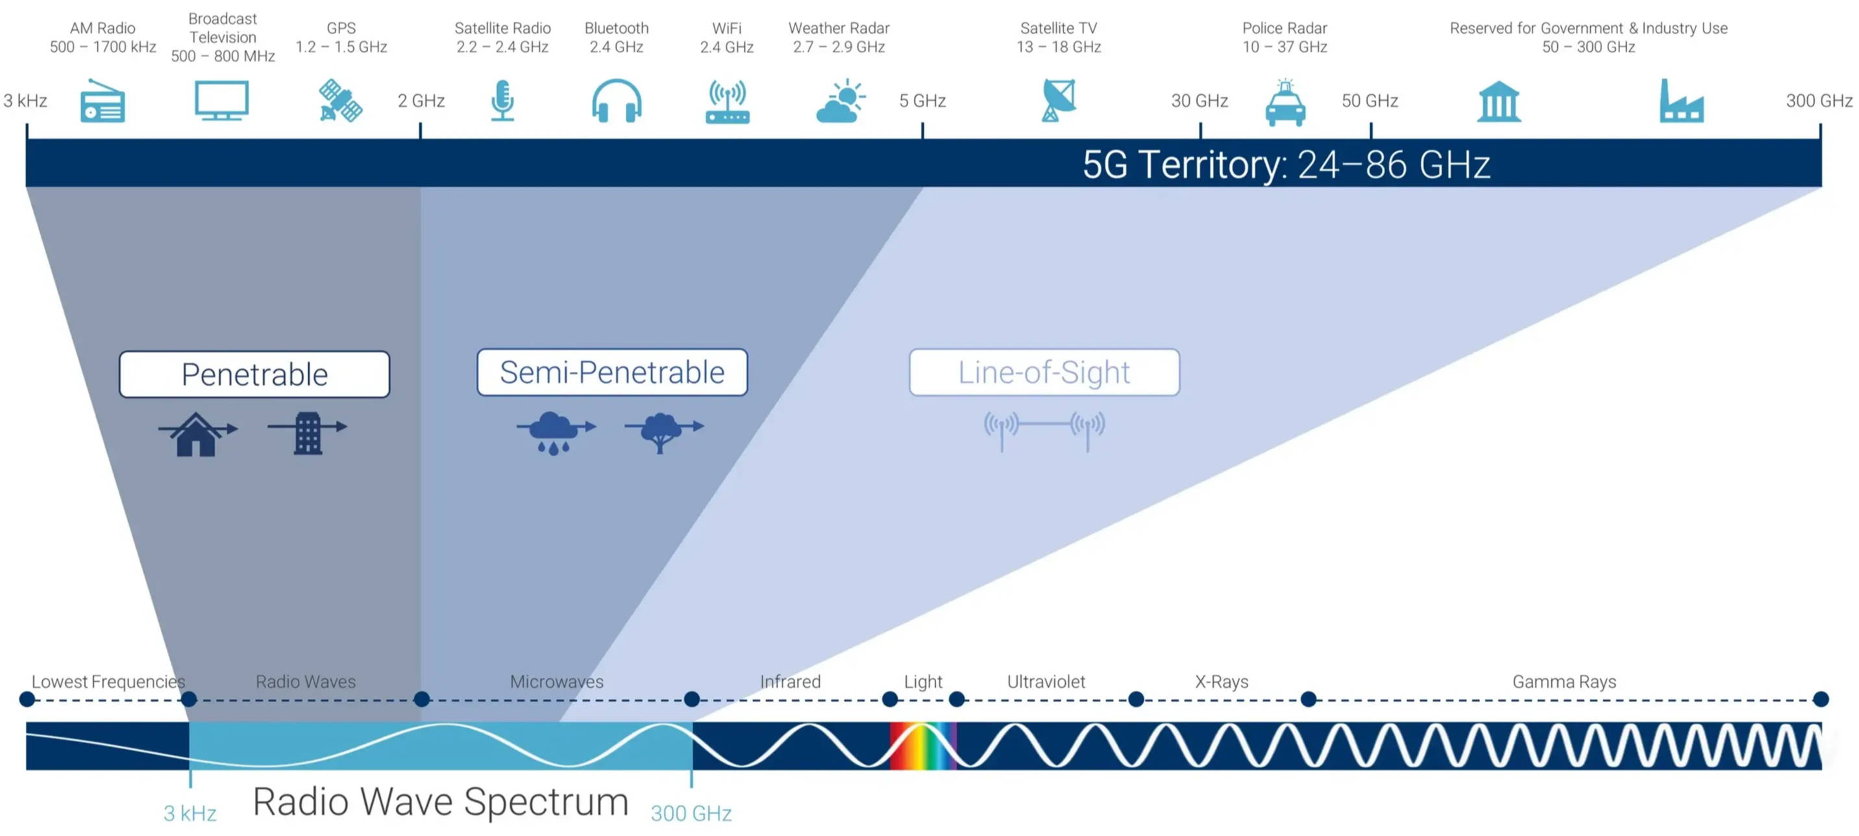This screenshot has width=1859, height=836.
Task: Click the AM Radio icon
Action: [x=103, y=101]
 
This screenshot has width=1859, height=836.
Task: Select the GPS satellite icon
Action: [x=341, y=101]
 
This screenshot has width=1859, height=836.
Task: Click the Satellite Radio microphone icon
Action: [x=502, y=101]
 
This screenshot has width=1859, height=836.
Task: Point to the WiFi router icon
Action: [x=727, y=102]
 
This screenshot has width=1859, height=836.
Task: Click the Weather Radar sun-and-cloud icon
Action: [x=840, y=101]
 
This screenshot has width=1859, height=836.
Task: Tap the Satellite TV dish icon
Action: [x=1059, y=101]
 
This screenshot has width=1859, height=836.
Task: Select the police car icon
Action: [x=1285, y=103]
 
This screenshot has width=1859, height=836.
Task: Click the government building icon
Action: [x=1499, y=102]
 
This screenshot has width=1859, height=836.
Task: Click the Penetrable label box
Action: [x=254, y=374]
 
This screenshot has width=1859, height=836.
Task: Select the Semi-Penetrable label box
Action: [x=612, y=373]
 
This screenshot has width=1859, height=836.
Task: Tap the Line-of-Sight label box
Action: [x=1044, y=373]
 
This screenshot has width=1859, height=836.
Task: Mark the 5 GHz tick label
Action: [x=922, y=101]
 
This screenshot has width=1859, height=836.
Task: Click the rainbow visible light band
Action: [x=923, y=746]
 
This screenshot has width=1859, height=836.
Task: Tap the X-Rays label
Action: [x=1221, y=682]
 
